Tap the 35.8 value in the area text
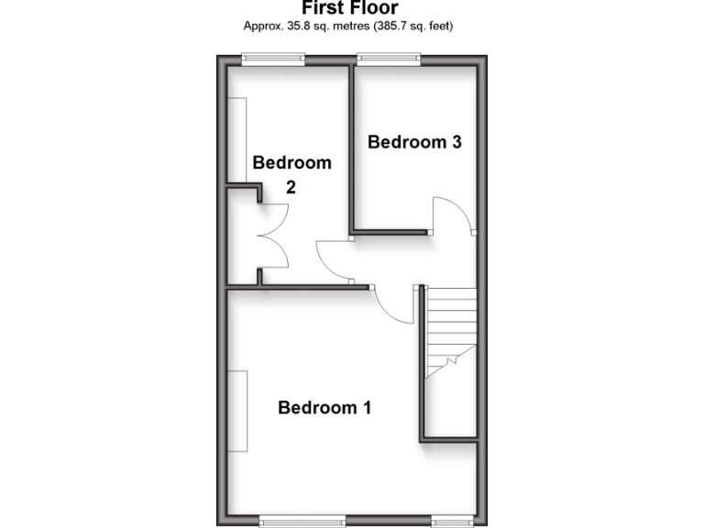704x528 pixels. point(300,26)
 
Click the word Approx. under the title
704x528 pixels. point(263,26)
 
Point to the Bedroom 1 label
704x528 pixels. point(324,407)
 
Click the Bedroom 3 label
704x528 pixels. point(414,142)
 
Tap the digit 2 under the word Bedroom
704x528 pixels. point(291,187)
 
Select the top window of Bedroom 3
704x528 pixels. point(389,58)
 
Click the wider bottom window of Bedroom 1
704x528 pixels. point(302,522)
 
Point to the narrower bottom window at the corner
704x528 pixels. point(451,522)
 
